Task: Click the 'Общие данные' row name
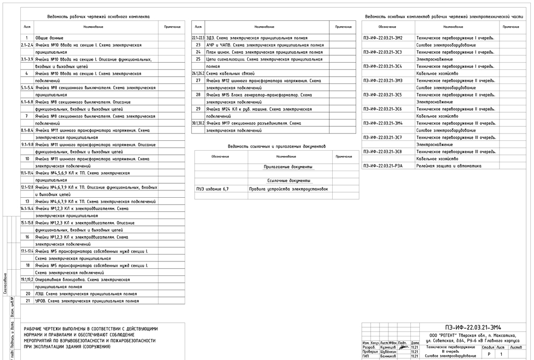(49, 38)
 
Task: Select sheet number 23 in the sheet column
(198, 45)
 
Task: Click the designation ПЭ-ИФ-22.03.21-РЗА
(383, 165)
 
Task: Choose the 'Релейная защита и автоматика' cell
(448, 165)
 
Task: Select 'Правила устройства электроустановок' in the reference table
(288, 189)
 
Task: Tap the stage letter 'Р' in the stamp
(489, 354)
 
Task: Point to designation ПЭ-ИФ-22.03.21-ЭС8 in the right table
(383, 151)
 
